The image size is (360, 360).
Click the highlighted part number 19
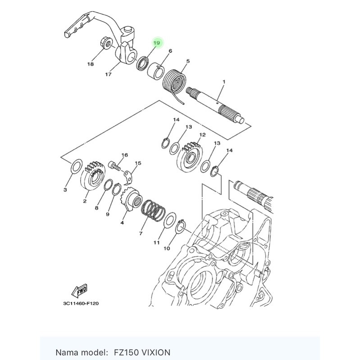pyautogui.click(x=157, y=43)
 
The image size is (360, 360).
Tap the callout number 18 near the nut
pyautogui.click(x=90, y=64)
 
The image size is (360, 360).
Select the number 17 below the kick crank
pyautogui.click(x=108, y=75)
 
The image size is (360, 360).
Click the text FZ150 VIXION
pyautogui.click(x=143, y=352)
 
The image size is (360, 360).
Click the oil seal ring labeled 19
pyautogui.click(x=144, y=63)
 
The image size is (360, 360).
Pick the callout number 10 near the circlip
pyautogui.click(x=166, y=248)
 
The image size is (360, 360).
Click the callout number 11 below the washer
pyautogui.click(x=156, y=243)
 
